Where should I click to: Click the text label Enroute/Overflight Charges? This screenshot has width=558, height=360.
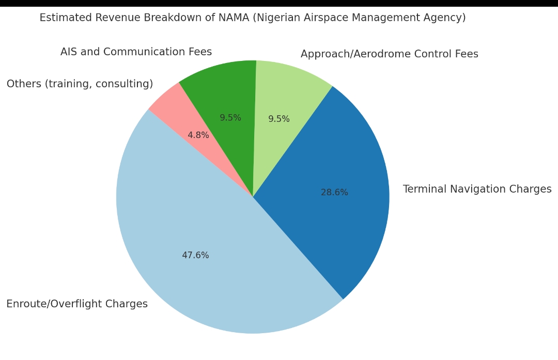77,304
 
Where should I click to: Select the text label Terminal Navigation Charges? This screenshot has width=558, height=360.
477,190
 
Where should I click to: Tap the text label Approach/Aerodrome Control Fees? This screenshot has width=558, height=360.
389,54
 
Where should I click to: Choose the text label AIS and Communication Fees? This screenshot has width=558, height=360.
136,52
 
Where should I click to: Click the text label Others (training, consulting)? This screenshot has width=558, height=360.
80,84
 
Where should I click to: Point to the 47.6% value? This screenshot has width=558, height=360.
195,256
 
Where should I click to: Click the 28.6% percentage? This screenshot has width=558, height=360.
334,193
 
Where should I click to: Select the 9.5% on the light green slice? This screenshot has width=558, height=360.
279,119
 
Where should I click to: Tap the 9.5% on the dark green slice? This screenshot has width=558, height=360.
230,118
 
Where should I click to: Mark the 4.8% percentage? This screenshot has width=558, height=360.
198,135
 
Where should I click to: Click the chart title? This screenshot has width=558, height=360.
253,18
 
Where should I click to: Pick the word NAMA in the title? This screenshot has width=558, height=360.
234,18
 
